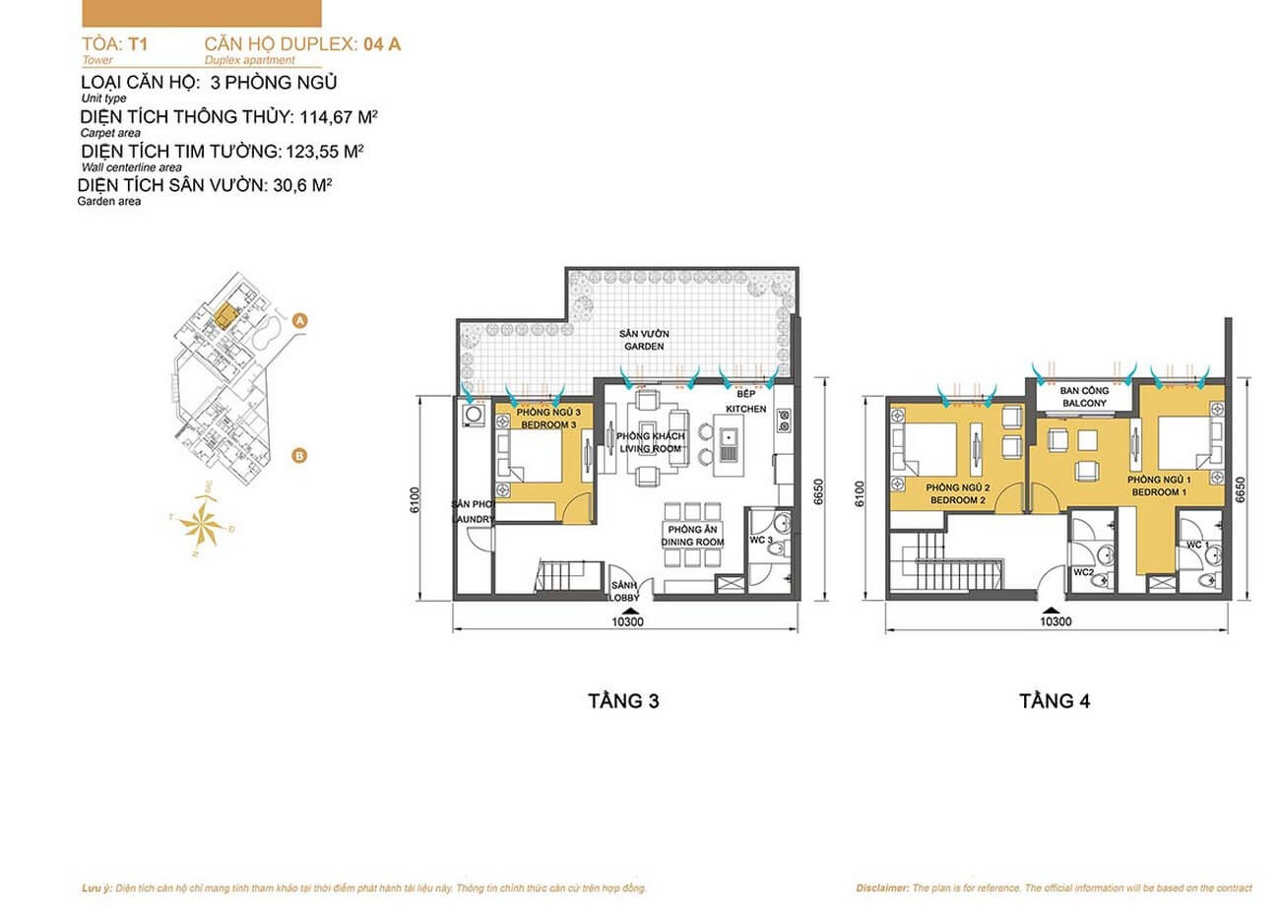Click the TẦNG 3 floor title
pos(622,701)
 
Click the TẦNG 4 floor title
pos(1055,701)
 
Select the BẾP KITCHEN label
pos(745,401)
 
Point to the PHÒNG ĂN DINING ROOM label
pos(693,536)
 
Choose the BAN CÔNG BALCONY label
pos(1085,397)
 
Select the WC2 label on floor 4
pos(1084,572)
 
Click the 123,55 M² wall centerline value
pos(325,152)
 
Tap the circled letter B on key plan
pos(299,455)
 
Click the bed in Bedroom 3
pos(533,458)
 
